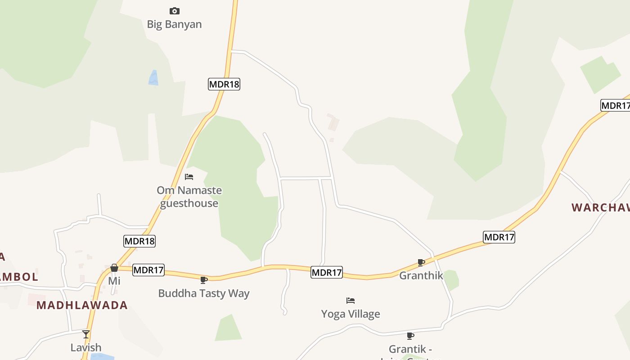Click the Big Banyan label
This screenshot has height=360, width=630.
coord(174,24)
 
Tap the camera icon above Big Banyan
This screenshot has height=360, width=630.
coord(174,11)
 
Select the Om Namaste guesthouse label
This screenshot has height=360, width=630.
coord(189,197)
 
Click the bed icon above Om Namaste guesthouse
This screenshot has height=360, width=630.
coord(189,177)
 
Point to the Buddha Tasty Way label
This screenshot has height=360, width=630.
coord(203,293)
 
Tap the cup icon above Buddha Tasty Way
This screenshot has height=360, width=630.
coord(203,280)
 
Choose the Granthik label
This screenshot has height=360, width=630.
coord(421,275)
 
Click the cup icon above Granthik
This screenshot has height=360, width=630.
coord(421,262)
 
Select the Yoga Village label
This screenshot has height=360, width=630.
coord(351,314)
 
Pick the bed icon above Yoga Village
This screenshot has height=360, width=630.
coord(351,301)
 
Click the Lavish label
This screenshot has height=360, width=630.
coord(86,347)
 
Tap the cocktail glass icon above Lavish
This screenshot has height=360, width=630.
coord(86,334)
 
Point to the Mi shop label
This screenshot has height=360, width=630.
coord(114,281)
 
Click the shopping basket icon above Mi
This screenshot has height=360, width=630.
coord(114,268)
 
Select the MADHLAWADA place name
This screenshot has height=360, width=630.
coord(82,305)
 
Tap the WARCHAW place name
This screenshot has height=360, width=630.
coord(600,207)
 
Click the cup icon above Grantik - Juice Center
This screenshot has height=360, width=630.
coord(410,336)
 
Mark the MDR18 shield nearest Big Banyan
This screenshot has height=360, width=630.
coord(224,84)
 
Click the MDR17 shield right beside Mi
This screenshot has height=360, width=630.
coord(148,270)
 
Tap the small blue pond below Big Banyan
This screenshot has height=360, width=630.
coord(153,78)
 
